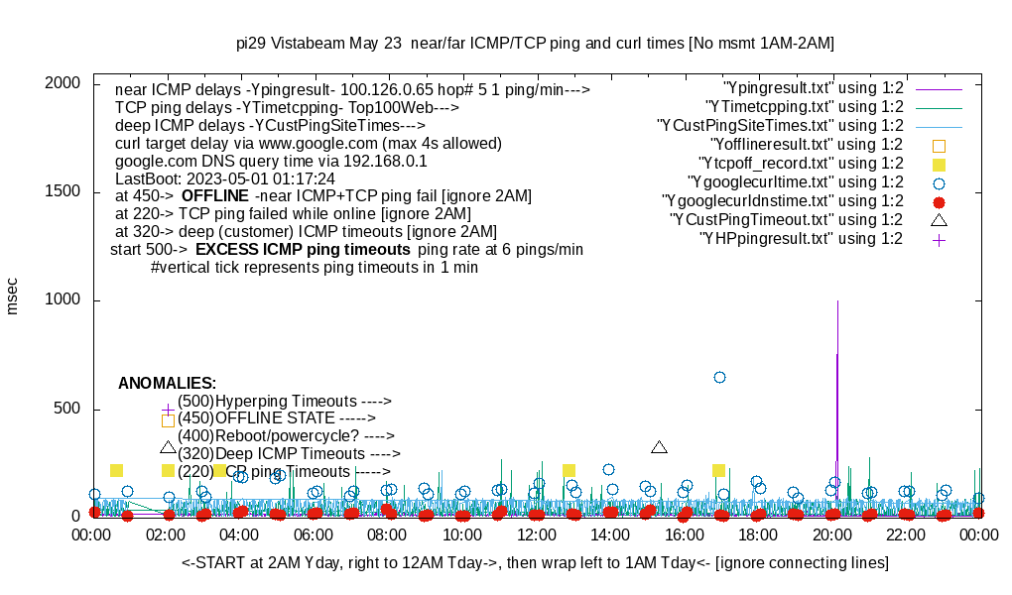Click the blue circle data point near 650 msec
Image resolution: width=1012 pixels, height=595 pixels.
[719, 377]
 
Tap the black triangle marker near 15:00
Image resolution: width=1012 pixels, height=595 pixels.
[659, 447]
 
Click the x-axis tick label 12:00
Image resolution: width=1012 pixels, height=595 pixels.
[537, 535]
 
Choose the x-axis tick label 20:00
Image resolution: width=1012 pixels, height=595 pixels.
[832, 535]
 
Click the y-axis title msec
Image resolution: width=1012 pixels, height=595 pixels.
[13, 297]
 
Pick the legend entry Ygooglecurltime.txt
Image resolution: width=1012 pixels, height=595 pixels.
[795, 182]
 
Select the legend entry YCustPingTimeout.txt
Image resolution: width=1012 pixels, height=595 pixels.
[786, 220]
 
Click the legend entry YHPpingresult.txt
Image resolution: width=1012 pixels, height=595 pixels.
[801, 239]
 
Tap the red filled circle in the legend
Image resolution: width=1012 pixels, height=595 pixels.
[939, 201]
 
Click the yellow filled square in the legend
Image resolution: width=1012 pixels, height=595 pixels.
[939, 164]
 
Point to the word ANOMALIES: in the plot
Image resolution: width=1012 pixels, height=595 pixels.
[167, 383]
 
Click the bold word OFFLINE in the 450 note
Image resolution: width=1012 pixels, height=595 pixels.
[214, 195]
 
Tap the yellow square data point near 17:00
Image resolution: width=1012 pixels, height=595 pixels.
[718, 470]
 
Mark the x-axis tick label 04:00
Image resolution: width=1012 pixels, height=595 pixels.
[240, 535]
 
